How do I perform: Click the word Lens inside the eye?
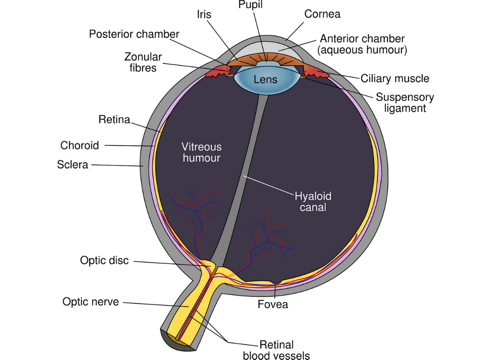pyautogui.click(x=266, y=79)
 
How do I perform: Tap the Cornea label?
pyautogui.click(x=322, y=14)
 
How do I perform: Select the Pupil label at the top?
pyautogui.click(x=250, y=4)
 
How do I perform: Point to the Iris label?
pyautogui.click(x=204, y=14)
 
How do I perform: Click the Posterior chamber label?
pyautogui.click(x=134, y=34)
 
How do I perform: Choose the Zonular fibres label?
pyautogui.click(x=143, y=62)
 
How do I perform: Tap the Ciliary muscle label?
pyautogui.click(x=395, y=78)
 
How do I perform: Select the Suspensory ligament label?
pyautogui.click(x=405, y=103)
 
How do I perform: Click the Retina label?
pyautogui.click(x=114, y=119)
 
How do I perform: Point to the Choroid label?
pyautogui.click(x=79, y=145)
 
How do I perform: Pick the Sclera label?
pyautogui.click(x=73, y=165)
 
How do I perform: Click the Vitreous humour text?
pyautogui.click(x=201, y=152)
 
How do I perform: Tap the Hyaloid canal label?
pyautogui.click(x=313, y=202)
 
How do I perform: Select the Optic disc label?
pyautogui.click(x=104, y=260)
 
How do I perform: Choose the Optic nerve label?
pyautogui.click(x=91, y=301)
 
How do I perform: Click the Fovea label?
pyautogui.click(x=273, y=304)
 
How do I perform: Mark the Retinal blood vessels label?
pyautogui.click(x=276, y=350)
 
